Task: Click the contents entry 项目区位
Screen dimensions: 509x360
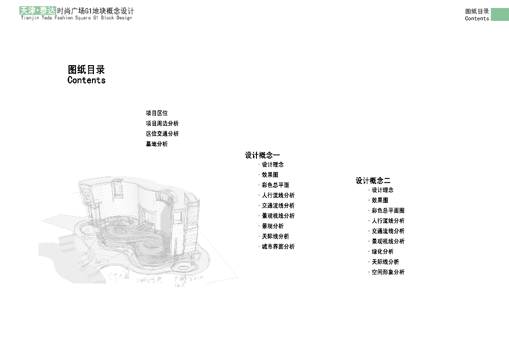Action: [157, 113]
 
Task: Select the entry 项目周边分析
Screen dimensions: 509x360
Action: [162, 123]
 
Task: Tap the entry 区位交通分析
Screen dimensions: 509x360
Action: [162, 134]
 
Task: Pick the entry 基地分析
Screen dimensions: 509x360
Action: [157, 144]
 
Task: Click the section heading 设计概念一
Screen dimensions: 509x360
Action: [262, 156]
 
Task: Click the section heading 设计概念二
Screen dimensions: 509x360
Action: [373, 180]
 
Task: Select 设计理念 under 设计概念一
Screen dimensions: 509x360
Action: [272, 165]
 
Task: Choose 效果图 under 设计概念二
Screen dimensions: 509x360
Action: [380, 200]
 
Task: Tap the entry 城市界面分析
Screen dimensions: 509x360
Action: [278, 247]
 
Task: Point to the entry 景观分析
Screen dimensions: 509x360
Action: [272, 226]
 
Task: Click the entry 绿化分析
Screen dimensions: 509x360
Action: [382, 252]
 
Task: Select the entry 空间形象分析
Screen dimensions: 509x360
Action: [388, 272]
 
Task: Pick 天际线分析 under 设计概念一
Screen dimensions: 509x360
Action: [275, 237]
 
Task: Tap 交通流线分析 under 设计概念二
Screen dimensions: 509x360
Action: [388, 231]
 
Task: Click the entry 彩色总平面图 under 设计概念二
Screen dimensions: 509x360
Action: [388, 211]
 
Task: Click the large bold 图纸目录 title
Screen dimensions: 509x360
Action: [86, 70]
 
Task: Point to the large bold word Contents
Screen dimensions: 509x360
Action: [86, 80]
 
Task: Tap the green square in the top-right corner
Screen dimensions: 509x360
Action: [500, 14]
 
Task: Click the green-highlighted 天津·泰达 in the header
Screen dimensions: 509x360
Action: [38, 10]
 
